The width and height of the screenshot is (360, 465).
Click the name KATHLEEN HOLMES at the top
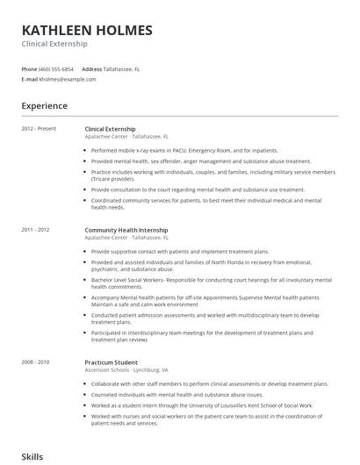pyautogui.click(x=86, y=30)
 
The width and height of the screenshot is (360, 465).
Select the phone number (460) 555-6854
pyautogui.click(x=56, y=68)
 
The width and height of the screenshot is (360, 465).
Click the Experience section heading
pyautogui.click(x=44, y=106)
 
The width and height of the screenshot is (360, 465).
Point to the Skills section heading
pyautogui.click(x=32, y=457)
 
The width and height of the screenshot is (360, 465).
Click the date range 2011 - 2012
pyautogui.click(x=36, y=231)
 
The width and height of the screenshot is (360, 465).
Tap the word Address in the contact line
pyautogui.click(x=91, y=68)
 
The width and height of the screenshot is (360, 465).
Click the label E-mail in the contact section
pyautogui.click(x=30, y=79)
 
